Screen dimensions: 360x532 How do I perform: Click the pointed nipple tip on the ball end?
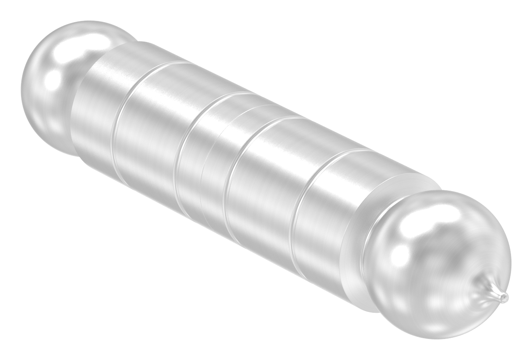[504, 298]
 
